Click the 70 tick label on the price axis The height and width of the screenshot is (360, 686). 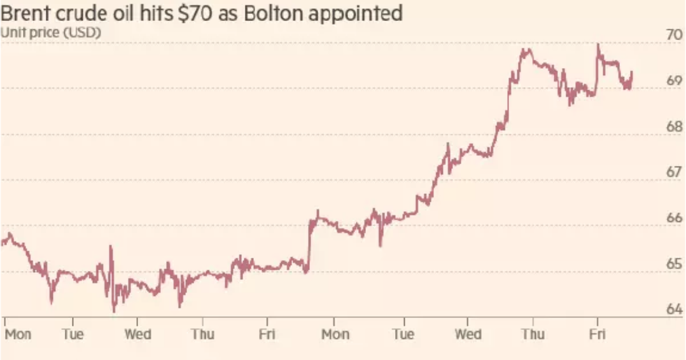click(x=674, y=35)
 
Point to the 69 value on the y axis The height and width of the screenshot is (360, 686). click(x=674, y=81)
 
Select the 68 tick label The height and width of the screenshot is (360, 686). click(x=674, y=127)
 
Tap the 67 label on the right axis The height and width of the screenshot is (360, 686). click(x=674, y=172)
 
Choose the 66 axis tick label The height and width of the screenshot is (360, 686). click(x=674, y=218)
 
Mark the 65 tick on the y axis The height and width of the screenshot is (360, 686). click(x=674, y=263)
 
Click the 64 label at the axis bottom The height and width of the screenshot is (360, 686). click(x=674, y=309)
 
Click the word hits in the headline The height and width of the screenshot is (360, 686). click(x=150, y=13)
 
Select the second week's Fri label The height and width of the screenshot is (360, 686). click(x=597, y=334)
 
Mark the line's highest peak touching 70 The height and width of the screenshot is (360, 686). click(x=598, y=45)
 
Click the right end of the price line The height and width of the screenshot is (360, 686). click(x=631, y=73)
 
